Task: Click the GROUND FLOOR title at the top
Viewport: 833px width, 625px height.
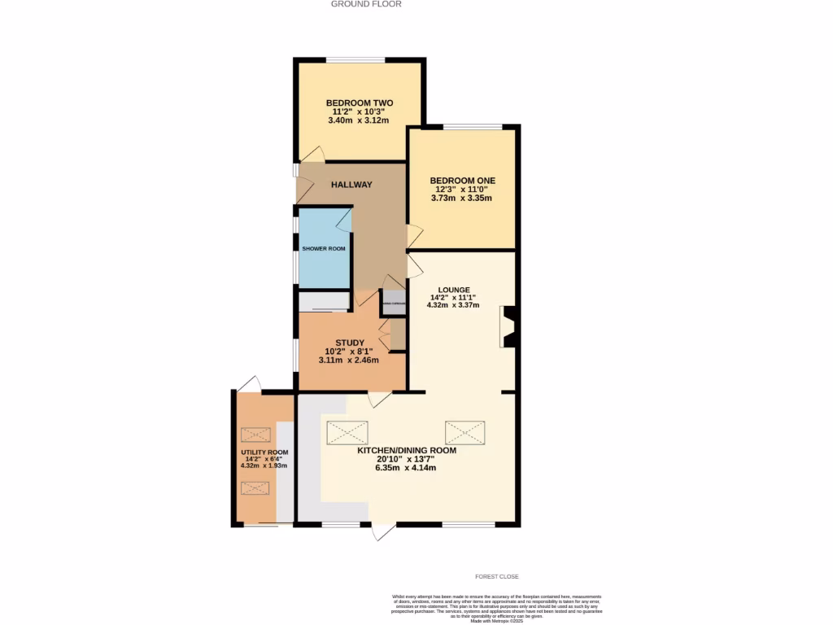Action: click(366, 4)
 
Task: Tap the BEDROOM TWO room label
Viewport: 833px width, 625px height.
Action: click(360, 103)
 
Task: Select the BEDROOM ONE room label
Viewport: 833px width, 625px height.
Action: click(462, 181)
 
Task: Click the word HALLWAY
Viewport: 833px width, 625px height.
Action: click(351, 185)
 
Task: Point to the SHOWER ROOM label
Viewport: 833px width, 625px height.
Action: click(324, 248)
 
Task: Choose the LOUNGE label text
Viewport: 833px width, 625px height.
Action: click(454, 289)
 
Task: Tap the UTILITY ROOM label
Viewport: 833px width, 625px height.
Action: click(264, 452)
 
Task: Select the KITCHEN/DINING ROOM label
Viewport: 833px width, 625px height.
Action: click(407, 450)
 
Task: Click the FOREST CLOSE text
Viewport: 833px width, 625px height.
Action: click(497, 576)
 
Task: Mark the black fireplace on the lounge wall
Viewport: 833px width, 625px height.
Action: click(508, 327)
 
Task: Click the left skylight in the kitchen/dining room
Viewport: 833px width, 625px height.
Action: click(347, 432)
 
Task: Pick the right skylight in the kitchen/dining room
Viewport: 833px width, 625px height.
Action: click(464, 432)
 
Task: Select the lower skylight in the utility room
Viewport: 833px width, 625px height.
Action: click(255, 487)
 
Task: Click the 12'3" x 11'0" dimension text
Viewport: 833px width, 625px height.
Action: click(462, 190)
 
